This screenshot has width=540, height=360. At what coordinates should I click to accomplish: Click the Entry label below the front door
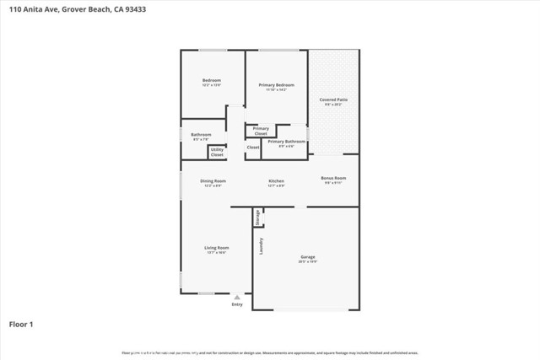[237, 304]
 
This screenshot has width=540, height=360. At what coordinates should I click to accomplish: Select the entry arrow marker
[237, 297]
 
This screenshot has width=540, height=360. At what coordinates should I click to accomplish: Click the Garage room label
[307, 257]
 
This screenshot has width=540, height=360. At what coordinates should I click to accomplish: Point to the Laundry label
[262, 245]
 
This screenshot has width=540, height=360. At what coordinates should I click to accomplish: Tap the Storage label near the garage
[258, 217]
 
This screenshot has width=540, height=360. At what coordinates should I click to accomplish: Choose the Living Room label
[217, 248]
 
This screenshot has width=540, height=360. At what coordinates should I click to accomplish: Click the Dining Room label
[213, 181]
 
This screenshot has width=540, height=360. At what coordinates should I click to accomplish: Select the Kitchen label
[276, 181]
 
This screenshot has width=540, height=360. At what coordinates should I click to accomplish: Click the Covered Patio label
[332, 100]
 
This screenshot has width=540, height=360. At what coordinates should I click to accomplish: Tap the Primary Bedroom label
[276, 85]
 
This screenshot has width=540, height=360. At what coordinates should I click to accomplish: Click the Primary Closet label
[261, 131]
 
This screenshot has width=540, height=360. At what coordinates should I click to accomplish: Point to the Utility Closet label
[217, 153]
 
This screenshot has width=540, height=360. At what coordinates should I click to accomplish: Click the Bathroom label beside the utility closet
[201, 135]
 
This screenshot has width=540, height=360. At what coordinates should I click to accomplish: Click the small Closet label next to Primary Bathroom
[253, 148]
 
